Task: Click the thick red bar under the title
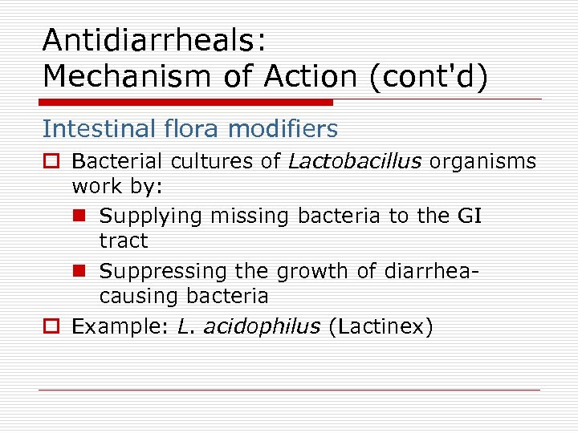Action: click(x=187, y=103)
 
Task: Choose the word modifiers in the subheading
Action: click(x=275, y=128)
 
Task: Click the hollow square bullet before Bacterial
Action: click(x=50, y=162)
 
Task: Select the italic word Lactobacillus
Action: click(x=355, y=161)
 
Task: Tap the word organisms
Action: click(x=482, y=161)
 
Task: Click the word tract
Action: click(x=124, y=241)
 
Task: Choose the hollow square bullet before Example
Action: click(x=50, y=327)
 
